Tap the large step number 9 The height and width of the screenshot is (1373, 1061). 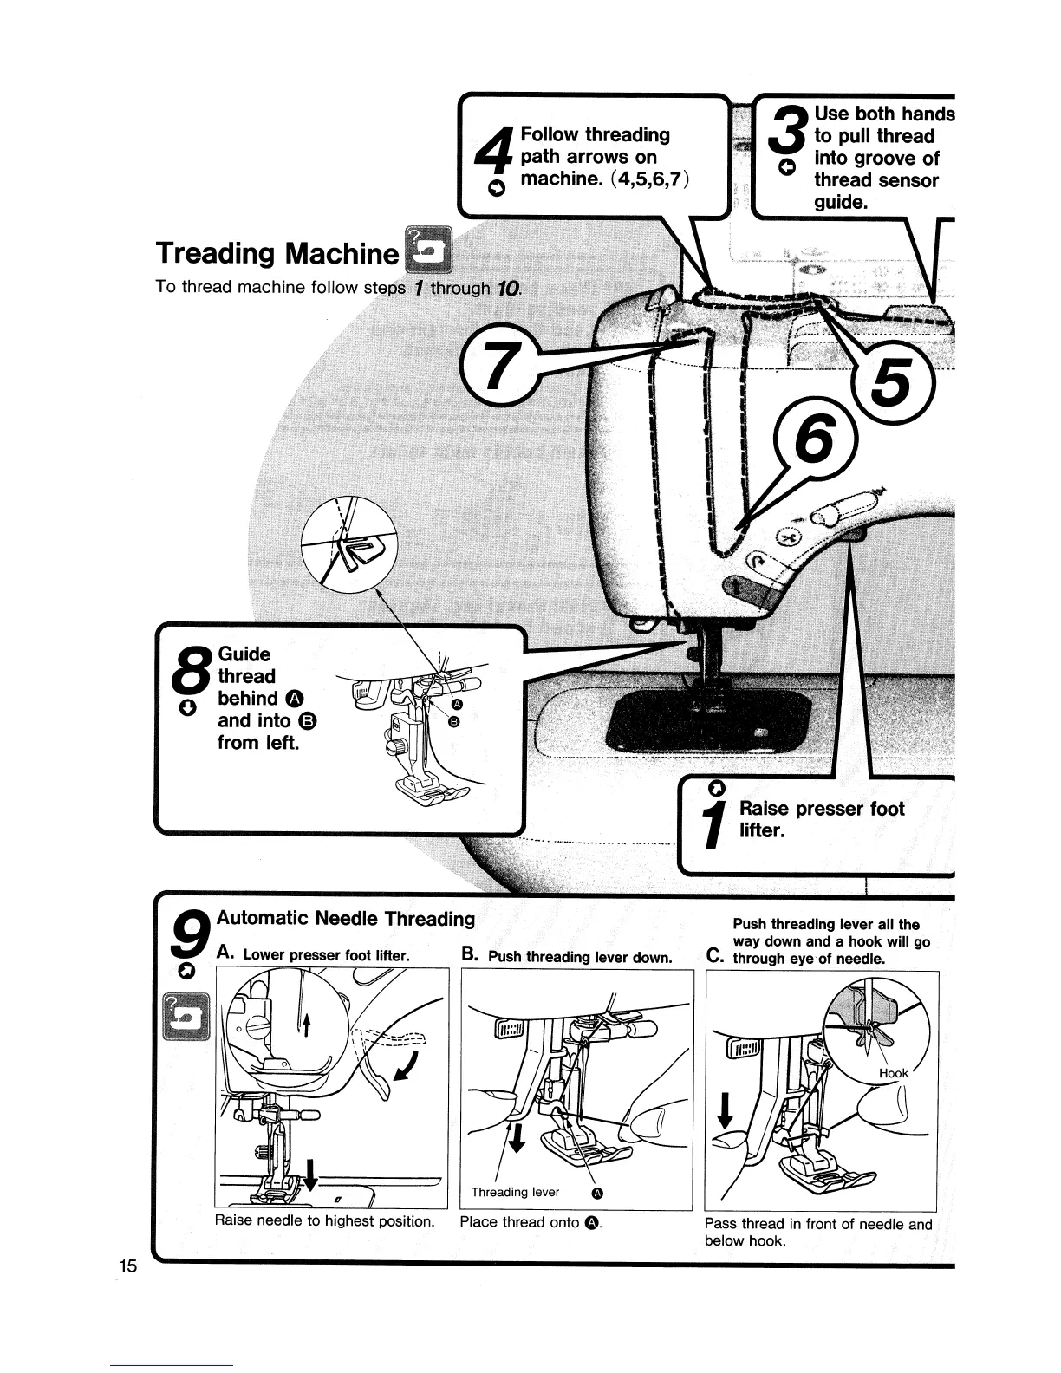click(x=191, y=939)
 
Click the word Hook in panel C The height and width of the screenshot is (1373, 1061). click(x=893, y=1073)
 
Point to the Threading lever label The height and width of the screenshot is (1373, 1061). click(x=515, y=1192)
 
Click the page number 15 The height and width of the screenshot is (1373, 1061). click(x=128, y=1266)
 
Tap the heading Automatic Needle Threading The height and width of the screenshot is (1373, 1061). click(x=345, y=918)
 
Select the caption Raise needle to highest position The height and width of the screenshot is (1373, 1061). click(x=325, y=1221)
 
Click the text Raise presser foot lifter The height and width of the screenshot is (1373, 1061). click(x=820, y=820)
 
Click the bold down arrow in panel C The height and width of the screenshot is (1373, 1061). click(x=726, y=1114)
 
